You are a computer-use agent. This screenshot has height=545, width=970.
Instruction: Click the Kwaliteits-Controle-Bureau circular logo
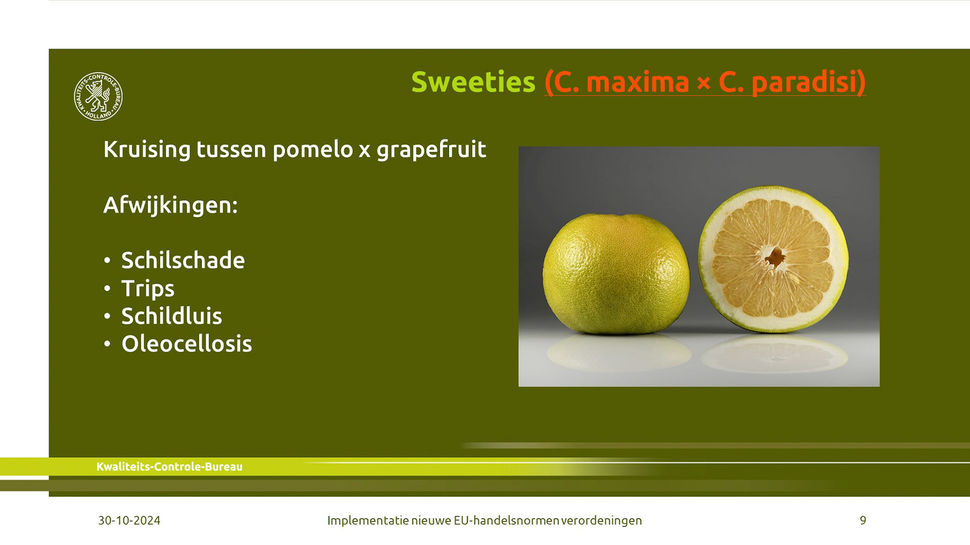tap(98, 96)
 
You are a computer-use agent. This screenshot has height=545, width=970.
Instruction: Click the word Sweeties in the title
tap(473, 82)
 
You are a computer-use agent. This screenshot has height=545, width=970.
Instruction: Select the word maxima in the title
tap(638, 82)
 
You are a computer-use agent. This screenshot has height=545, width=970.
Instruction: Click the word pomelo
tap(312, 150)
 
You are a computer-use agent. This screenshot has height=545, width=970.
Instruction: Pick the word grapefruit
tap(431, 150)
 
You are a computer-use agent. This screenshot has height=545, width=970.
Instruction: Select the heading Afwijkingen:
tap(170, 205)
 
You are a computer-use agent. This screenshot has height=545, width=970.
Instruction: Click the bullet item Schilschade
tap(183, 260)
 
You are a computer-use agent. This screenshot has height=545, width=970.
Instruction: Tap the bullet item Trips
tap(148, 288)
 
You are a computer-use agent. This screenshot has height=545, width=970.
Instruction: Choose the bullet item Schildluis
tap(172, 316)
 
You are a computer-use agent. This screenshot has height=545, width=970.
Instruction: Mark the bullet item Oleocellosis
tap(186, 344)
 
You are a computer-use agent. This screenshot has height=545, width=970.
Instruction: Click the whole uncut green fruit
tap(616, 274)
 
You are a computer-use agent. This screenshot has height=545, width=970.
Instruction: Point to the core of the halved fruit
tap(775, 257)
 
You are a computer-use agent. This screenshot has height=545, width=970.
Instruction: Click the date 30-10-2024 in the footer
tap(129, 520)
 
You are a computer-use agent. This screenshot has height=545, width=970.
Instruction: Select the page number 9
tap(863, 520)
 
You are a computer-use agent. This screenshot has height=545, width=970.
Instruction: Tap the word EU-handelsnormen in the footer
tap(506, 520)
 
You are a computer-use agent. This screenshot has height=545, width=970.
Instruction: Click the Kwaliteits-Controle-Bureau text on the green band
tap(169, 467)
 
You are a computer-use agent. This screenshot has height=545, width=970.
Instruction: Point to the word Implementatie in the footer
tap(368, 520)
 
